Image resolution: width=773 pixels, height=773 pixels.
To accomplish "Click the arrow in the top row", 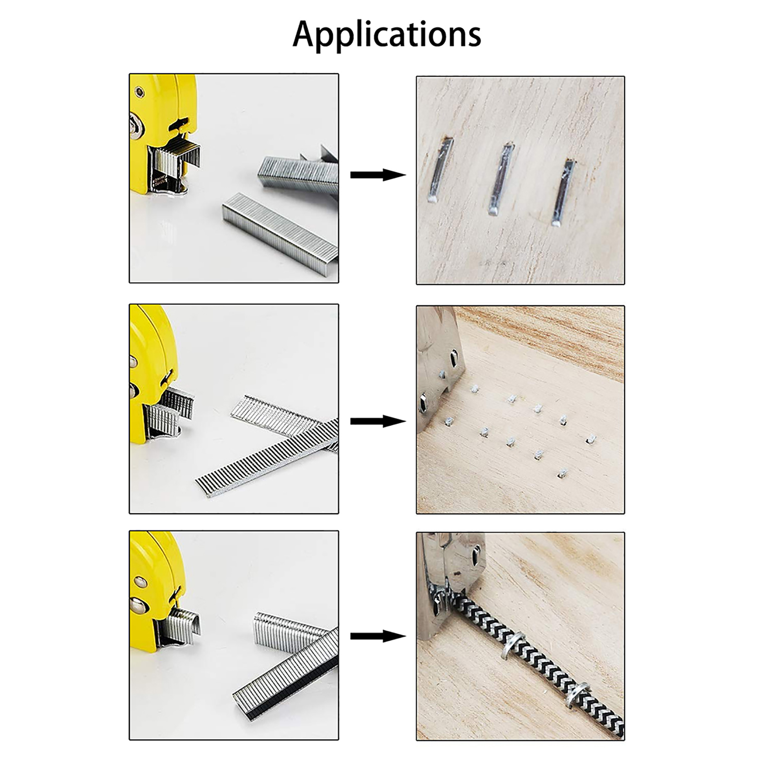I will pyautogui.click(x=378, y=175).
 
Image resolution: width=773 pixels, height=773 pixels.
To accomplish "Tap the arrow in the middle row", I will pyautogui.click(x=378, y=421).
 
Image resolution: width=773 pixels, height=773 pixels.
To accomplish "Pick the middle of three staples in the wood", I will pyautogui.click(x=501, y=179).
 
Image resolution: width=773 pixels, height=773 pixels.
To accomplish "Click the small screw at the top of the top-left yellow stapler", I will pyautogui.click(x=139, y=92).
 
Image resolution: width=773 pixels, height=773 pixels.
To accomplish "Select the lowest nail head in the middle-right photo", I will pyautogui.click(x=562, y=473).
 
